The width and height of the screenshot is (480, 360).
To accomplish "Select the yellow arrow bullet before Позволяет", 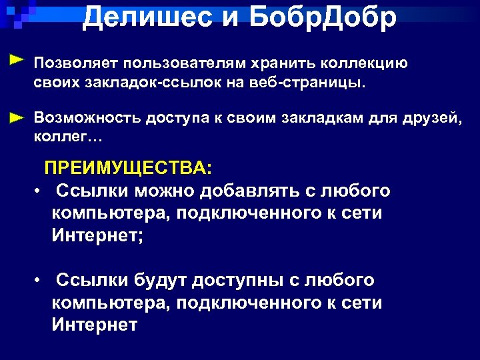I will [x=18, y=60].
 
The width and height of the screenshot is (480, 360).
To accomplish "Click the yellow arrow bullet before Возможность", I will [x=18, y=116].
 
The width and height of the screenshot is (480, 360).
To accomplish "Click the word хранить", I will [x=281, y=63].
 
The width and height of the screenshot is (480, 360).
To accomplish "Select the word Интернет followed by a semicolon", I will [x=97, y=235].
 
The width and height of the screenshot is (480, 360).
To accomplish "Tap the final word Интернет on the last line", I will [x=94, y=325].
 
